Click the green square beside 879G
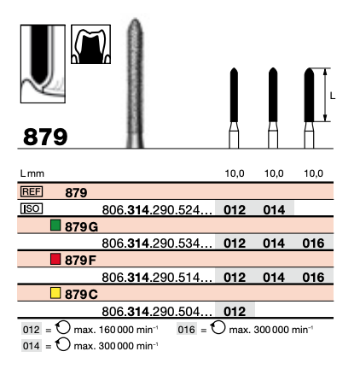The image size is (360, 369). point(55,225)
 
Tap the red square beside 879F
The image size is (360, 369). point(55,259)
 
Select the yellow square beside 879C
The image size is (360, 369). point(55,293)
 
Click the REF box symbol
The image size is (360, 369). point(32,191)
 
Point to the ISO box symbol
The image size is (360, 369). point(32,208)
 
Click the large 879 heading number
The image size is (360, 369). point(45,137)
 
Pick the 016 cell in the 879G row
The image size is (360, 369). point(313,243)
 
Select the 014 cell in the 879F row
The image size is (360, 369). point(274,278)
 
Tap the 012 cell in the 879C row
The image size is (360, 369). point(235,312)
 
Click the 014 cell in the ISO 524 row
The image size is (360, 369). point(274,210)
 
